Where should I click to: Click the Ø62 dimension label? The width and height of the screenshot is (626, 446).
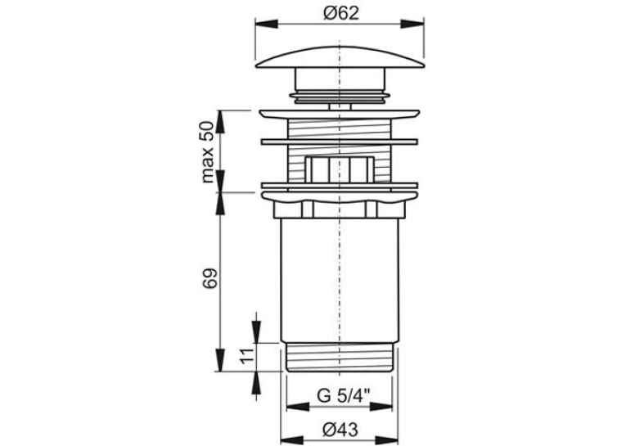point(341,14)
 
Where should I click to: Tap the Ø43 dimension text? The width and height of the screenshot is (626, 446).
point(340,430)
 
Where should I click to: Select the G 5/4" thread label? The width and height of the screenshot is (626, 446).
point(344,396)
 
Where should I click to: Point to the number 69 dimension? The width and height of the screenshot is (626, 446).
point(210,278)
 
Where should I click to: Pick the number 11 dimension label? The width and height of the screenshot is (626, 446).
point(247,355)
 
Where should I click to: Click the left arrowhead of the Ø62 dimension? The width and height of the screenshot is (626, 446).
point(266,24)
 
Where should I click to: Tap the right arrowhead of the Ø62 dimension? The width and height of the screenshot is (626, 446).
point(412,24)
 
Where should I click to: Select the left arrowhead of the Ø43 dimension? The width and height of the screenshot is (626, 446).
point(292,440)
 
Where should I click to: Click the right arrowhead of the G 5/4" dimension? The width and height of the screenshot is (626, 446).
point(381,407)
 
